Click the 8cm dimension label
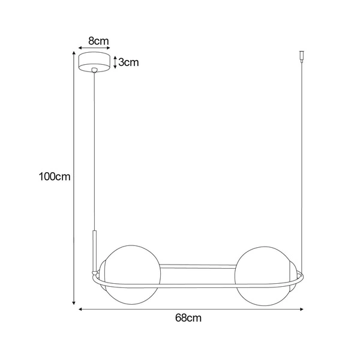click(x=98, y=41)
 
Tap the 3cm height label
click(x=128, y=62)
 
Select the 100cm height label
click(x=55, y=177)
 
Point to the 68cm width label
click(x=190, y=319)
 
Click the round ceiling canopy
click(x=94, y=62)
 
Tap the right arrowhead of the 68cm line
click(x=302, y=310)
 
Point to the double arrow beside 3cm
click(x=114, y=62)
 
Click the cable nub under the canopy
click(x=94, y=72)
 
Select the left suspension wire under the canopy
click(x=94, y=150)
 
